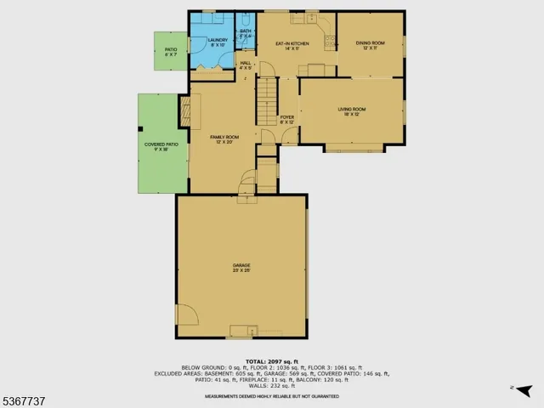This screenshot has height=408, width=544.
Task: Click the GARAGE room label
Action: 241,267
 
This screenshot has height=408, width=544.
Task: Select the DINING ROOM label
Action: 371,44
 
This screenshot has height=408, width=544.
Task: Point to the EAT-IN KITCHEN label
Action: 292,44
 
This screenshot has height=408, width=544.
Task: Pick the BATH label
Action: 245,33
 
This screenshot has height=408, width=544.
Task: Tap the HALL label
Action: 246,64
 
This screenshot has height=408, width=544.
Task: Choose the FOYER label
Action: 287,118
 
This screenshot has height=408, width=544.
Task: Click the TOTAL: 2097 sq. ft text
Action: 271,360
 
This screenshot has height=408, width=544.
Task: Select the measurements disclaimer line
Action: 271,396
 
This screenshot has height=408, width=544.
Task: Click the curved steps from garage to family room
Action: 246,183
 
